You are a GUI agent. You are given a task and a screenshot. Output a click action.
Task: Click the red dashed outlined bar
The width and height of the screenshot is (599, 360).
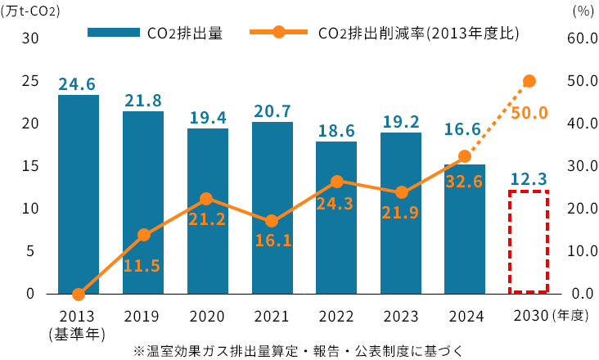tap(529, 241)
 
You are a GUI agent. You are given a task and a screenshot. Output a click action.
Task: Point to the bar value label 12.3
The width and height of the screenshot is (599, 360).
tap(529, 179)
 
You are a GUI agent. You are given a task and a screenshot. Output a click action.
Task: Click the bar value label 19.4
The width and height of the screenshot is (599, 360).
tap(208, 118)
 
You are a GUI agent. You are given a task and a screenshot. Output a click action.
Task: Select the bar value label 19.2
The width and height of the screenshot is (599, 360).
tap(401, 122)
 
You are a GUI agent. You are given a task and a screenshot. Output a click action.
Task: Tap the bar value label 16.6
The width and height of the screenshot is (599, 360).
tap(462, 129)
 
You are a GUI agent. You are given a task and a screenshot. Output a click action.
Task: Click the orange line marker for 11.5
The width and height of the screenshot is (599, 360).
tap(144, 235)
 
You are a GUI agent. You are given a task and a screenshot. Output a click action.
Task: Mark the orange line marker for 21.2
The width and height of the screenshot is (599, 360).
tap(206, 199)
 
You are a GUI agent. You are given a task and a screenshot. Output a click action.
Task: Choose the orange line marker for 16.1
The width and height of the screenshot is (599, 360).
tap(272, 221)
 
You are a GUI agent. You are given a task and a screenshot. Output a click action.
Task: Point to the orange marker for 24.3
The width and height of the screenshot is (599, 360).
tap(337, 182)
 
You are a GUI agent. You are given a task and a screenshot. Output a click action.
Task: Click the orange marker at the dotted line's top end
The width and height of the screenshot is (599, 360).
tap(529, 81)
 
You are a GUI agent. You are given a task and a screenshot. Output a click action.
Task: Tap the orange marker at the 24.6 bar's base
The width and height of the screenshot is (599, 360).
tap(79, 295)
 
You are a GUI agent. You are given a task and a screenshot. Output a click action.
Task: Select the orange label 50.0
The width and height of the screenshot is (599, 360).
tap(529, 114)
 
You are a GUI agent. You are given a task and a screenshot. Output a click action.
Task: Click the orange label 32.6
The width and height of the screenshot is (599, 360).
tap(464, 182)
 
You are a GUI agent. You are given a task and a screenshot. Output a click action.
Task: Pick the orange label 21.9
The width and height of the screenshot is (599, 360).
tap(400, 213)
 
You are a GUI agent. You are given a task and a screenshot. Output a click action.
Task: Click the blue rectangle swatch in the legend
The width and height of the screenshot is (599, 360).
tap(114, 32)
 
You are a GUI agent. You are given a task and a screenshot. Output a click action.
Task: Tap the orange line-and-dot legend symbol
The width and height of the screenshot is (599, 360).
tap(279, 32)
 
